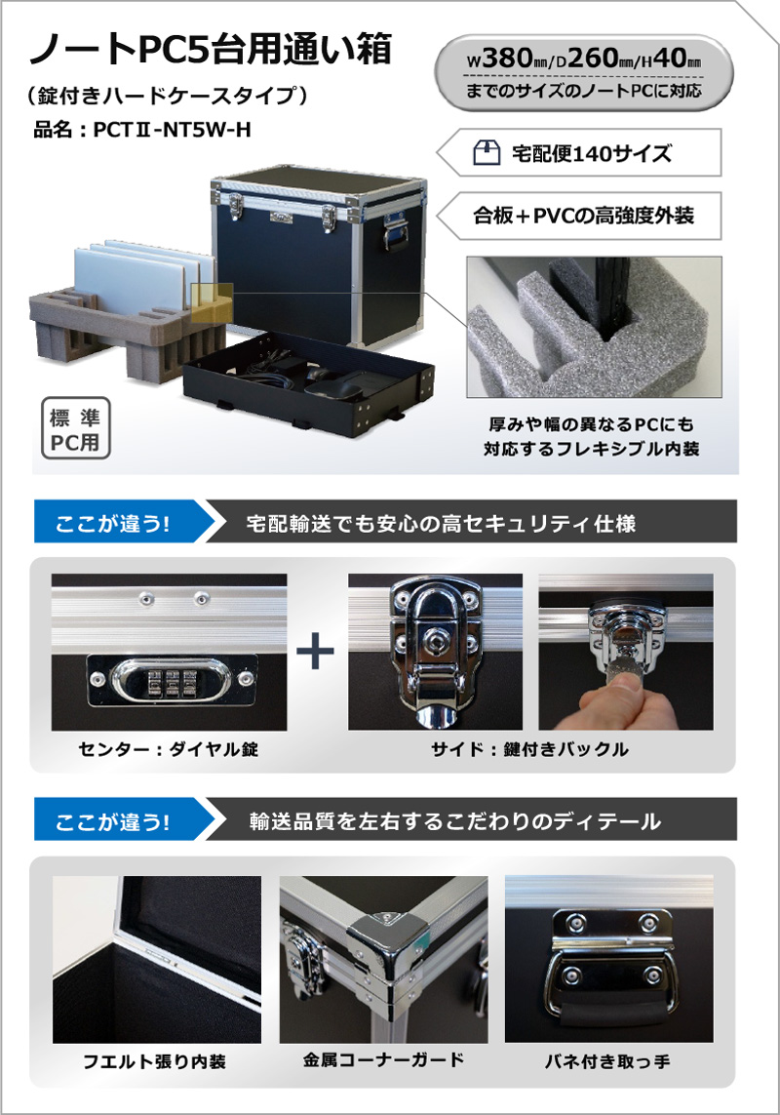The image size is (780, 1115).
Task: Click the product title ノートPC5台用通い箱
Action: pyautogui.click(x=211, y=51)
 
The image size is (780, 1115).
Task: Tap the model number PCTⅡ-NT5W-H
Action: pyautogui.click(x=172, y=130)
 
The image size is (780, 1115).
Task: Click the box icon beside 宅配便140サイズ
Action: pyautogui.click(x=487, y=152)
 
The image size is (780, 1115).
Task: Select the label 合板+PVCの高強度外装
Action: pyautogui.click(x=584, y=216)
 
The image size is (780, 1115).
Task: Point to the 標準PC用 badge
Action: pyautogui.click(x=75, y=428)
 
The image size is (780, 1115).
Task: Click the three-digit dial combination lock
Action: pyautogui.click(x=170, y=680)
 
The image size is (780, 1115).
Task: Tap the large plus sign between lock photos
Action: pyautogui.click(x=315, y=651)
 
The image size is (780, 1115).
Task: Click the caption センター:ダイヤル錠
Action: pyautogui.click(x=169, y=749)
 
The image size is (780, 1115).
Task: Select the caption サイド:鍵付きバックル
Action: pyautogui.click(x=529, y=749)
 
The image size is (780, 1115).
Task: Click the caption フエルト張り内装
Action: pyautogui.click(x=154, y=1061)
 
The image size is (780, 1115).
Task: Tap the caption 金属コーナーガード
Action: pyautogui.click(x=383, y=1060)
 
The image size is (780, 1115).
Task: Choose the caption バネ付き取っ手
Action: pyautogui.click(x=607, y=1061)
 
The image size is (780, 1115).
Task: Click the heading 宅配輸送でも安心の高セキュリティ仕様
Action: pyautogui.click(x=441, y=524)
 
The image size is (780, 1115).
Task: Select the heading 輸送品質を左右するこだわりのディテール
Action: pyautogui.click(x=455, y=822)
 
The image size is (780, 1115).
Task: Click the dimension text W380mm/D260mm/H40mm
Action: pyautogui.click(x=584, y=59)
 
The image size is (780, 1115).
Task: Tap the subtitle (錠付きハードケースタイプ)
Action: pyautogui.click(x=168, y=95)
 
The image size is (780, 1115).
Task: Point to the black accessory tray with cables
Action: pyautogui.click(x=308, y=380)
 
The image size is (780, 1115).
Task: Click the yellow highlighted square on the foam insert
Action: pyautogui.click(x=212, y=303)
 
